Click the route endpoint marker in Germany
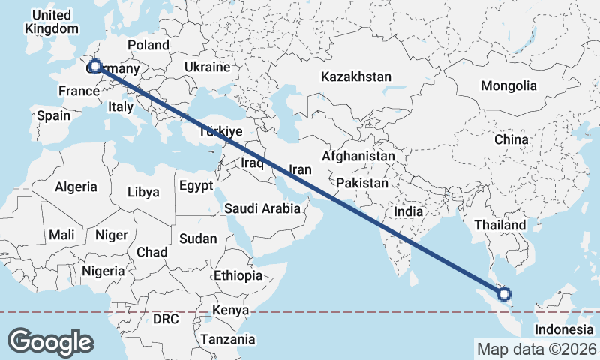[x=95, y=66]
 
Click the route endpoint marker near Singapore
[x=504, y=293]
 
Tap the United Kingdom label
[x=51, y=22]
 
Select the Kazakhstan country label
[x=356, y=76]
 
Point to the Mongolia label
[x=509, y=85]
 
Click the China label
[x=511, y=139]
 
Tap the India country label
[x=409, y=211]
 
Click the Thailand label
[x=500, y=225]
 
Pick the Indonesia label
[x=564, y=330]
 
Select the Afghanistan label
[x=358, y=157]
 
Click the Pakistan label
[x=362, y=183]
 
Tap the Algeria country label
[x=76, y=187]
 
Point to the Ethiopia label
[x=238, y=275]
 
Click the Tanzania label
[x=227, y=339]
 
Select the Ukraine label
[x=207, y=67]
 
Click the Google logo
[x=50, y=342]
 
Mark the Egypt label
[x=196, y=185]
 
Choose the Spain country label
[x=53, y=115]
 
